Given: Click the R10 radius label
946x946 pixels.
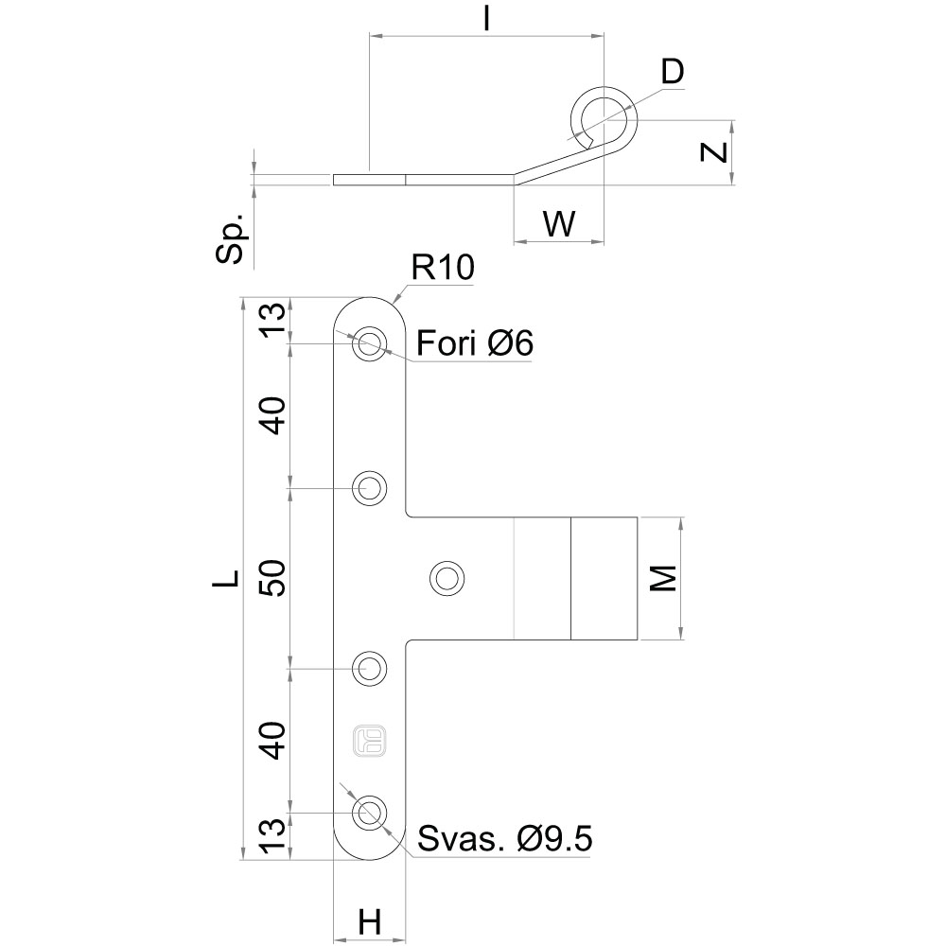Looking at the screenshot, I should click(x=441, y=269).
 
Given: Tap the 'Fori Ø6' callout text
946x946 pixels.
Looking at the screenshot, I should click(x=475, y=342).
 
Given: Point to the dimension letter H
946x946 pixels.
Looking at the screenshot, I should click(x=370, y=920).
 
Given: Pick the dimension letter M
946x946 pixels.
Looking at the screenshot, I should click(x=666, y=578).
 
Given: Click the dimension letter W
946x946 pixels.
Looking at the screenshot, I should click(x=559, y=224).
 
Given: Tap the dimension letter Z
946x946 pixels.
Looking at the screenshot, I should click(x=716, y=151).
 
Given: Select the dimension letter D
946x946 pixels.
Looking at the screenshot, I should click(x=672, y=72).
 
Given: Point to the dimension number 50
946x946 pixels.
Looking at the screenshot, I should click(x=272, y=578).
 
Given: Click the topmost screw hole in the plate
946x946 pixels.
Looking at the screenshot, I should click(x=370, y=344).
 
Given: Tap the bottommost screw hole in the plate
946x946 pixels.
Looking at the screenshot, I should click(x=370, y=812).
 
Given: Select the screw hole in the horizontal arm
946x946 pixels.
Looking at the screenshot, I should click(x=447, y=577).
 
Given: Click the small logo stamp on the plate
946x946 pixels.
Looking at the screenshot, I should click(x=370, y=741).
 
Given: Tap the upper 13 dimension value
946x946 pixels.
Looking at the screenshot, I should click(x=272, y=320).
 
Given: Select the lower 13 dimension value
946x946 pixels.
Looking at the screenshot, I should click(x=272, y=836).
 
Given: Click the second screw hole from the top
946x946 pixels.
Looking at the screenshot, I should click(x=370, y=488).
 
